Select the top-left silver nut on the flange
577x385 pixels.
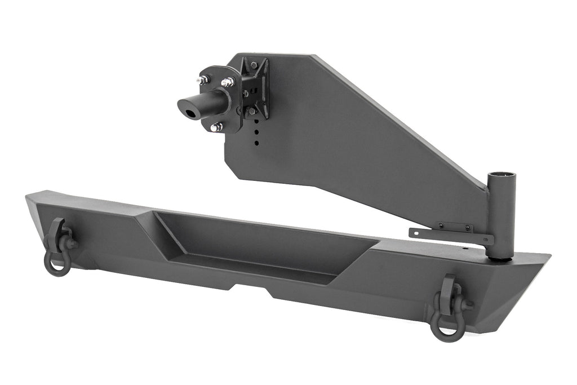coord(203,81)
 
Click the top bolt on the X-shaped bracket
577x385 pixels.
coord(254,66)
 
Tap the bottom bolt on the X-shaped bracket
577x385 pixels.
coord(252,112)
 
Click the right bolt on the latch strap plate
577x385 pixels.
coord(468,228)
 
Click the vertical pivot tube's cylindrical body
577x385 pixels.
coord(501,220)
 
